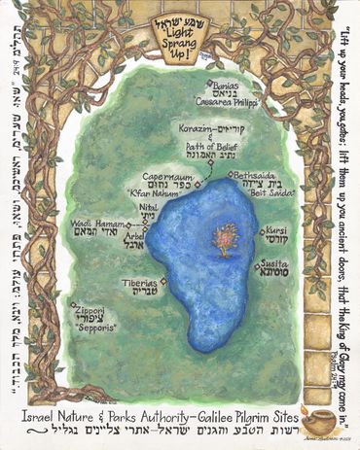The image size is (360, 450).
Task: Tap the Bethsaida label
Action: (255, 177)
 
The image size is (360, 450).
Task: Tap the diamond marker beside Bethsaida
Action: (231, 175)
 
